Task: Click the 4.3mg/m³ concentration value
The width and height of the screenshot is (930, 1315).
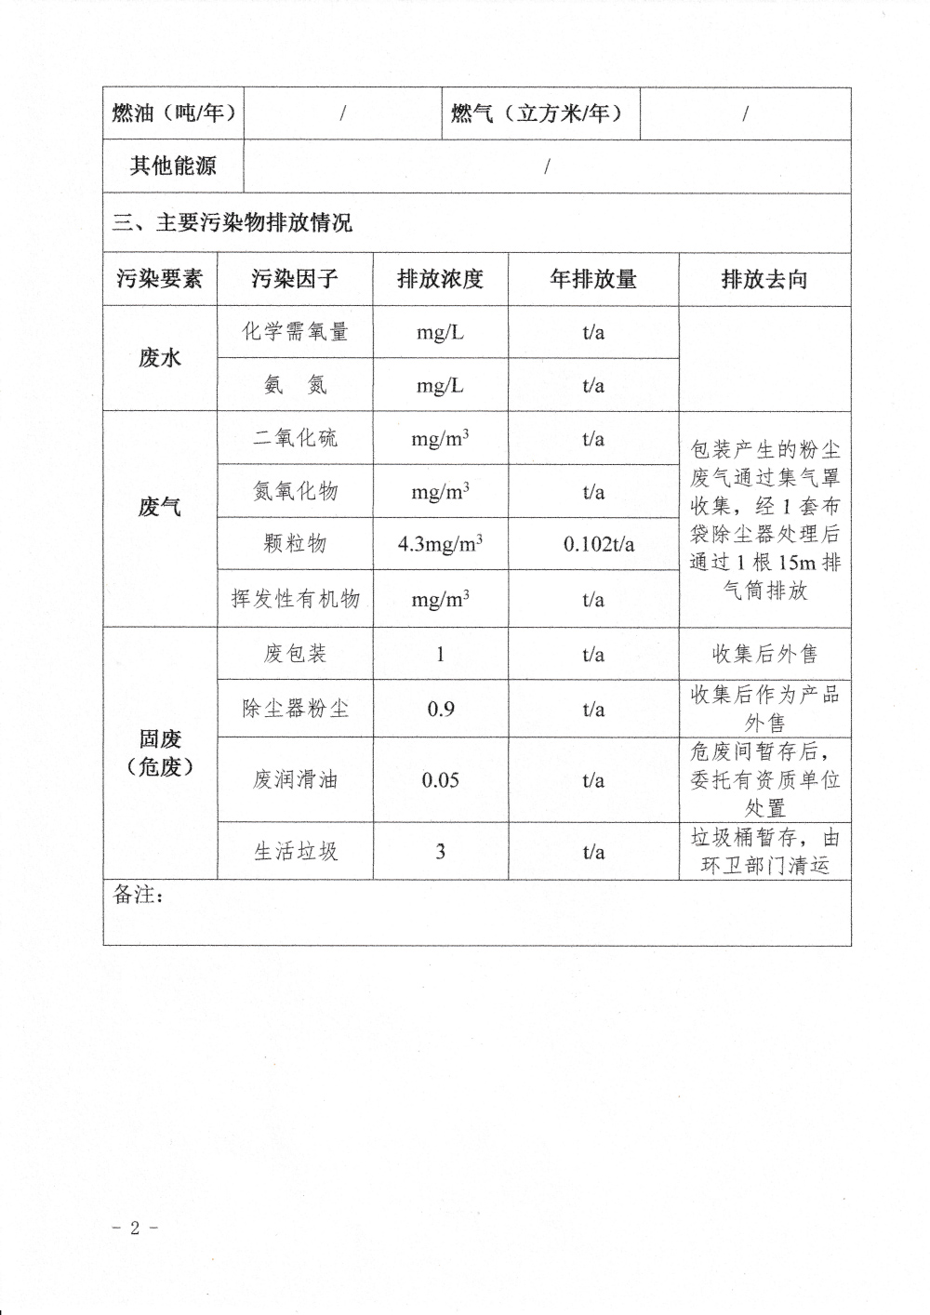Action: coord(440,544)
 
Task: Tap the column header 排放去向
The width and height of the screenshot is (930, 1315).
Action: coord(764,279)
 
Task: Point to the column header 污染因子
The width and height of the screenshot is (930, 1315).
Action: coord(295,279)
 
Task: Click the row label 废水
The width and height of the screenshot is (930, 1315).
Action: coord(160,358)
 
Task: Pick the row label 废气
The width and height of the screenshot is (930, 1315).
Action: coord(160,507)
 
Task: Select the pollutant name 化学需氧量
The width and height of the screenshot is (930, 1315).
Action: coord(295,332)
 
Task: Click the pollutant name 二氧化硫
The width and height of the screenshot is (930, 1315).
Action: coord(295,438)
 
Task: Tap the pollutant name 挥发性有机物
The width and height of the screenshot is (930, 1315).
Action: coord(295,599)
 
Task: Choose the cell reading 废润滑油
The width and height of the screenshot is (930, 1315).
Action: coord(295,779)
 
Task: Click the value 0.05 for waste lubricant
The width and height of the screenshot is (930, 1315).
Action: coord(440,779)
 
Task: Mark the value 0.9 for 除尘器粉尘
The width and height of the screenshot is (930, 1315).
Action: coord(440,709)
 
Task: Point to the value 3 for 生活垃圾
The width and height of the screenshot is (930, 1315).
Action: coord(440,851)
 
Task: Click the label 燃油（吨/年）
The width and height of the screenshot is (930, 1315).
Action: coord(174,113)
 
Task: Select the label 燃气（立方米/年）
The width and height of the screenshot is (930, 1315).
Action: coord(537,113)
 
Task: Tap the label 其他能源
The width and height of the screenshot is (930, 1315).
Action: coord(174,166)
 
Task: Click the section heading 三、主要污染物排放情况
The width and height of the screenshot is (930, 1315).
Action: coord(232,223)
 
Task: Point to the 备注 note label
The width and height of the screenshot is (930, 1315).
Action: coord(139,895)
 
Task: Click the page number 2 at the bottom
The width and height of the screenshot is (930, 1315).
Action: coord(135,1228)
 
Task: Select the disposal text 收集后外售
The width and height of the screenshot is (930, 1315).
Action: coord(764,654)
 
